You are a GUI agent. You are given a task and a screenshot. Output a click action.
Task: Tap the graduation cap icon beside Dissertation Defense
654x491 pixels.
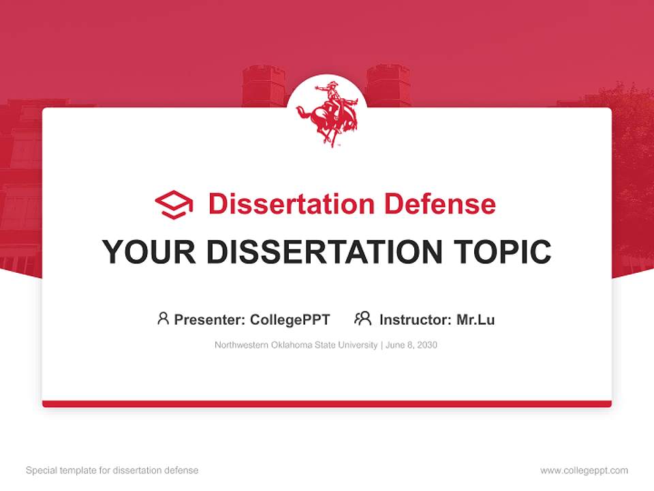[174, 205]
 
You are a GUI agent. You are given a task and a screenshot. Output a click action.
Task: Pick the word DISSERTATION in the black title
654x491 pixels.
[324, 252]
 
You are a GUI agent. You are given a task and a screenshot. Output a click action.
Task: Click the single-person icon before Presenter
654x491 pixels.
[163, 318]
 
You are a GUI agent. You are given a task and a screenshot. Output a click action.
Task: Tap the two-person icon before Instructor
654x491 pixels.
[362, 318]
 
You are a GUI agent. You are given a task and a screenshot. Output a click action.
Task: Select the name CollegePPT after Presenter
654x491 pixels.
[290, 320]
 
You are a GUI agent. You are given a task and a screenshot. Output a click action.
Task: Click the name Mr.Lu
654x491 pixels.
[476, 320]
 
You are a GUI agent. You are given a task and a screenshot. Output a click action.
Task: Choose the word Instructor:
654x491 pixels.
[416, 320]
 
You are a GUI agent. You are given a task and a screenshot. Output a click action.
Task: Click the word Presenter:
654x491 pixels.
[210, 320]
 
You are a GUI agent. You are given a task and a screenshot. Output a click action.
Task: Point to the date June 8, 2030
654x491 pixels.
[411, 345]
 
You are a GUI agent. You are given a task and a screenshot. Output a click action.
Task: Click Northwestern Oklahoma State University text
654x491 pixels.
[296, 345]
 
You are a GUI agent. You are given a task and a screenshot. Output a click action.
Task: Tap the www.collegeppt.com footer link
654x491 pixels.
[584, 471]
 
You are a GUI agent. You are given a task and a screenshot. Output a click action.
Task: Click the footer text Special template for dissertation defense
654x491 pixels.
[112, 471]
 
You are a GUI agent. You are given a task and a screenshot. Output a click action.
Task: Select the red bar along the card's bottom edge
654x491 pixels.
[327, 404]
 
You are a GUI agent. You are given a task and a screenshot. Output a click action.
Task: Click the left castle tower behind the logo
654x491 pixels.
[263, 86]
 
